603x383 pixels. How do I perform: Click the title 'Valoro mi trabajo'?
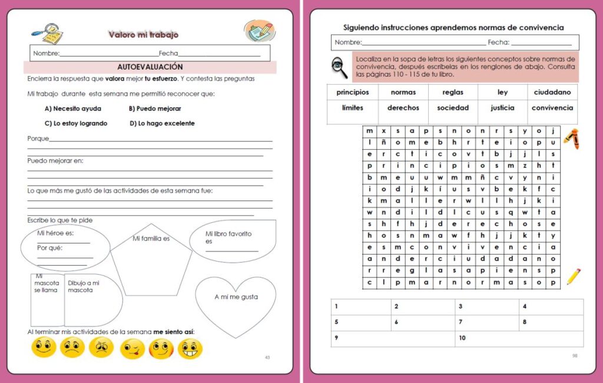coord(143,35)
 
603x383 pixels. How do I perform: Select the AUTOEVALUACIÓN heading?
coord(150,67)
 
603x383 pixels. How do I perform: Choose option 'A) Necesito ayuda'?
coord(73,108)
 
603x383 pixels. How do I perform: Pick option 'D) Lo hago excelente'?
coord(162,124)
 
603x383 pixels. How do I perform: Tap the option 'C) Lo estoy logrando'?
coord(76,124)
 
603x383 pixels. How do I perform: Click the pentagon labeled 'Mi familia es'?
coord(151,259)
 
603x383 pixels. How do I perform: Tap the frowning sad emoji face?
coord(72,348)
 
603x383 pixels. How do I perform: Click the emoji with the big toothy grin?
coord(190,349)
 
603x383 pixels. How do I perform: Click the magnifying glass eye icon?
coord(340,67)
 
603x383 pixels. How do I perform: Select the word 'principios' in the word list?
coord(353,93)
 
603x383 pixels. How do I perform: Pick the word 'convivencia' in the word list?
coord(552,108)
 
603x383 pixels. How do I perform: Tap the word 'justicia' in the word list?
coord(502,108)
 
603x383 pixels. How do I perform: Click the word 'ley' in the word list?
coord(502,93)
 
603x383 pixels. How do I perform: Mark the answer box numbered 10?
coord(519,338)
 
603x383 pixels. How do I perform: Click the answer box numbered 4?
coord(551,307)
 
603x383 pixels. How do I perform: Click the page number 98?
coord(575,356)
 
